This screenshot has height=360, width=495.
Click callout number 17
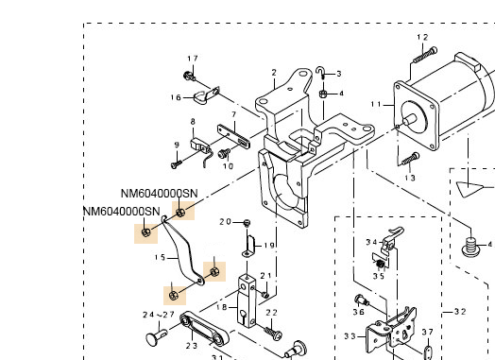[193, 59]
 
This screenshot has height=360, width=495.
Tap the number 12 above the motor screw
[422, 37]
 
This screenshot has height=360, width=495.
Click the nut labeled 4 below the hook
[323, 94]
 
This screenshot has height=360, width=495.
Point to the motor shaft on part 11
[409, 120]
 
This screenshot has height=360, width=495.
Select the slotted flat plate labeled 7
[233, 136]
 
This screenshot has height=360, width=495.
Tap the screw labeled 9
[176, 164]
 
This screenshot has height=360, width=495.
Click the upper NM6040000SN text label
[160, 194]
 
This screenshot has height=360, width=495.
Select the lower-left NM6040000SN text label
[122, 212]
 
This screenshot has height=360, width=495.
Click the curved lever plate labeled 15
[182, 249]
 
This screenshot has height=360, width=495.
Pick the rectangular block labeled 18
[247, 301]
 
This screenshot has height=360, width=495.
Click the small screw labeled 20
[247, 223]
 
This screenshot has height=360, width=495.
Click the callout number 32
[460, 312]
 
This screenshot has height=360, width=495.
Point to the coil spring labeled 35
[380, 264]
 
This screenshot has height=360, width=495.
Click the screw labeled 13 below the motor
[410, 159]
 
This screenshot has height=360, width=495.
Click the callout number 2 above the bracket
[274, 73]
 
